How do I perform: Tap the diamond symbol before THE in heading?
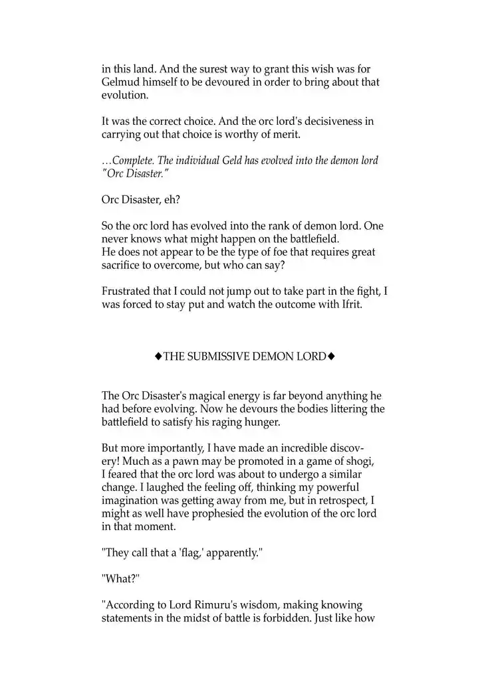pyautogui.click(x=158, y=357)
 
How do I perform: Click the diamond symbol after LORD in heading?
pyautogui.click(x=331, y=357)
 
